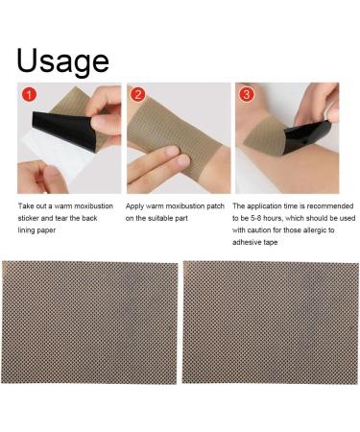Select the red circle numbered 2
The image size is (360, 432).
coord(138,95)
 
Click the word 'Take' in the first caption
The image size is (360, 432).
coord(18,206)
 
